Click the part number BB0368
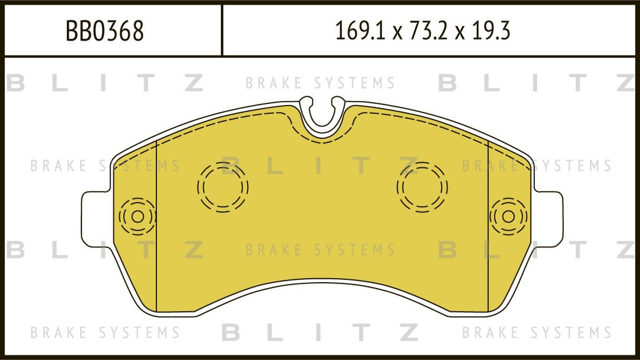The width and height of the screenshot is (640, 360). (x=105, y=31)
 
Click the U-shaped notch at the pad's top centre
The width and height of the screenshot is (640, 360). (x=322, y=116)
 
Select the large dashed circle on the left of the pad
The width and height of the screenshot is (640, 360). (x=223, y=187)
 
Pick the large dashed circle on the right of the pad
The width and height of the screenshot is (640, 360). (x=422, y=187)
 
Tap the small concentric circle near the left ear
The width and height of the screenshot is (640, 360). (x=137, y=216)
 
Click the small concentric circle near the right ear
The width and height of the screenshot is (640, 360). (x=509, y=216)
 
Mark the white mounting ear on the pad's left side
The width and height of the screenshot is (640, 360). (x=96, y=220)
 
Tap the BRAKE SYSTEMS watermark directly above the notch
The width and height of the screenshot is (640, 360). (x=320, y=83)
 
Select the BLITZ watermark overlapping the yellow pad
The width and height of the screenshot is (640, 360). (x=320, y=166)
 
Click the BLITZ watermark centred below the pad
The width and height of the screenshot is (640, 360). (x=320, y=333)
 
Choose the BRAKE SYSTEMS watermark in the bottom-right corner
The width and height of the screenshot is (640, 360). (x=537, y=333)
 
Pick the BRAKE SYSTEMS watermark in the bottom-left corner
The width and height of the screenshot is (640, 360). (x=105, y=333)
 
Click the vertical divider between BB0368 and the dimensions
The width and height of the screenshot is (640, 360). (x=222, y=30)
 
